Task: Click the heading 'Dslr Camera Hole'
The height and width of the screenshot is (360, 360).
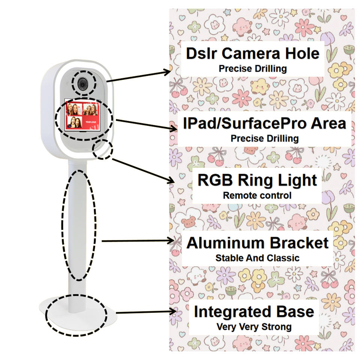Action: tap(253, 54)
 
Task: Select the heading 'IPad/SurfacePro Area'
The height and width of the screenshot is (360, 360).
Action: tap(264, 123)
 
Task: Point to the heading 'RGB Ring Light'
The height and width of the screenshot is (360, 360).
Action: tap(257, 180)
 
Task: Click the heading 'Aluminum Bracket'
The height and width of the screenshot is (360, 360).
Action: tap(257, 243)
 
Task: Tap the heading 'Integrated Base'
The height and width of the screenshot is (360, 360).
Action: tap(254, 312)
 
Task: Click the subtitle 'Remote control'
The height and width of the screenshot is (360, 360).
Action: tap(257, 195)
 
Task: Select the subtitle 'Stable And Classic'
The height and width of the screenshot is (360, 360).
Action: tap(257, 258)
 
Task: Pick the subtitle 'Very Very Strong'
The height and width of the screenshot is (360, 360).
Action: tap(254, 327)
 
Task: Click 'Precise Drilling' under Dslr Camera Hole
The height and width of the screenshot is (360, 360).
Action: tap(253, 69)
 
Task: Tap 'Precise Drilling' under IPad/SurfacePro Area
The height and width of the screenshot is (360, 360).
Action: tap(264, 138)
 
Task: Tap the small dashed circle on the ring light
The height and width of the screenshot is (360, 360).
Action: tap(103, 149)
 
